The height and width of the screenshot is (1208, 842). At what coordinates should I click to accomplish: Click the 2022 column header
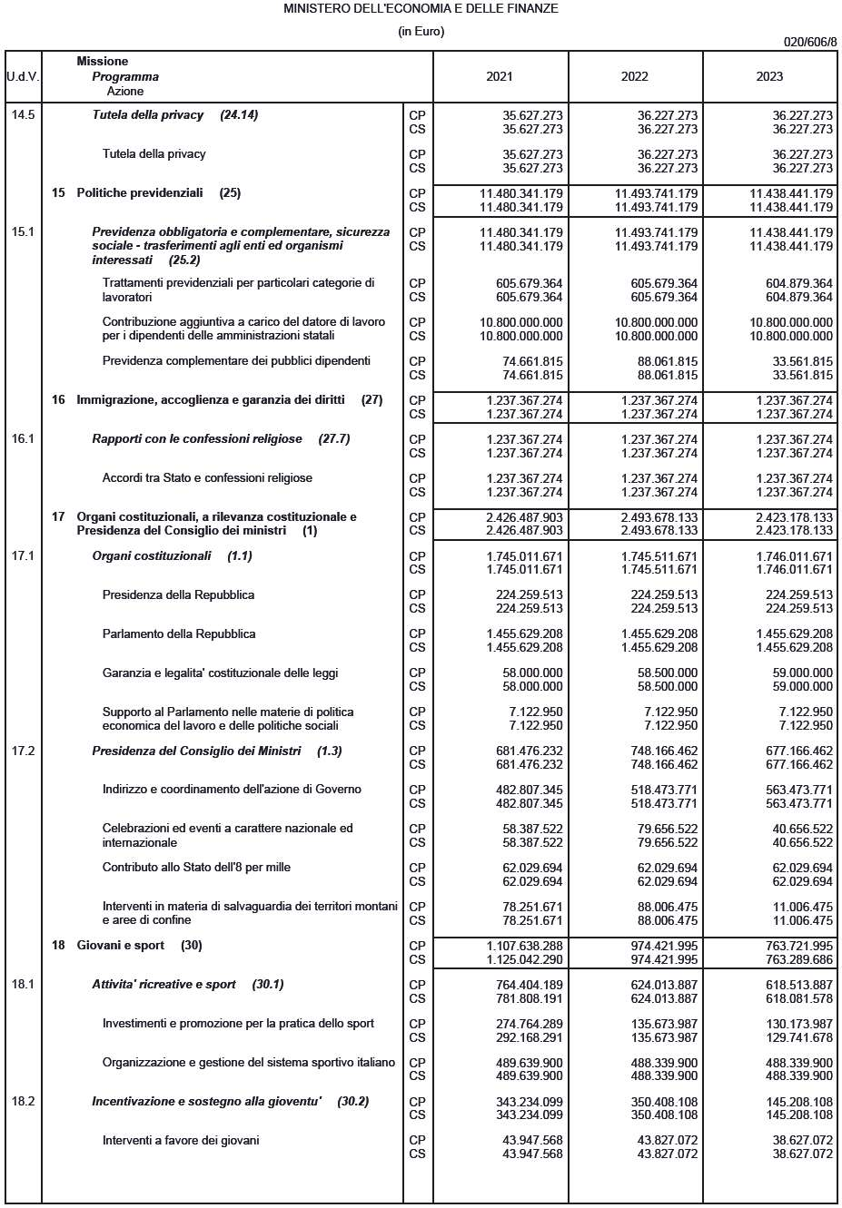(634, 76)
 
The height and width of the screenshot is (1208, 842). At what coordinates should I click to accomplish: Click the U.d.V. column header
(23, 76)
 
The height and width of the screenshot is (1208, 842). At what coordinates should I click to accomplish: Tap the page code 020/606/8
(809, 42)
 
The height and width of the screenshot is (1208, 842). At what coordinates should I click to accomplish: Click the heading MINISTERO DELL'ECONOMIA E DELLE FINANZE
(421, 8)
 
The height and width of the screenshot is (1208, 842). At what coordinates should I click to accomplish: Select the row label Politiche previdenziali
(140, 192)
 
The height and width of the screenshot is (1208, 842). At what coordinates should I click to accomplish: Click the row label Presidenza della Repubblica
(178, 594)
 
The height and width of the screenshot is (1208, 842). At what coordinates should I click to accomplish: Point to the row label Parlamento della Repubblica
(179, 633)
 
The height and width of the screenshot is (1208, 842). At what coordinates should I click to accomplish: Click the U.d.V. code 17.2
(23, 751)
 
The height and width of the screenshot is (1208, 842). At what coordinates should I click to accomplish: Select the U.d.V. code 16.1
(23, 438)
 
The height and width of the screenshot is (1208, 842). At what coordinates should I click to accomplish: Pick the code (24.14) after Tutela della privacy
(239, 115)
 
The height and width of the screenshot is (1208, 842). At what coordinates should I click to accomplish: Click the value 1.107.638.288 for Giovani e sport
(524, 945)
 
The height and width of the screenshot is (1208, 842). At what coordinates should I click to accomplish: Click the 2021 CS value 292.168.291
(532, 1037)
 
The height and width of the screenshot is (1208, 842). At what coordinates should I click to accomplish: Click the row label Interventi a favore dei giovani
(181, 1140)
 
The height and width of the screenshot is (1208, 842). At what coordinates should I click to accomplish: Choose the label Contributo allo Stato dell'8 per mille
(196, 867)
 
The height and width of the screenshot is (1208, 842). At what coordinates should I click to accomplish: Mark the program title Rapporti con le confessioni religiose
(197, 438)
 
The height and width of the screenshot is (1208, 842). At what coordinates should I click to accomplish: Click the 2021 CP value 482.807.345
(532, 790)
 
